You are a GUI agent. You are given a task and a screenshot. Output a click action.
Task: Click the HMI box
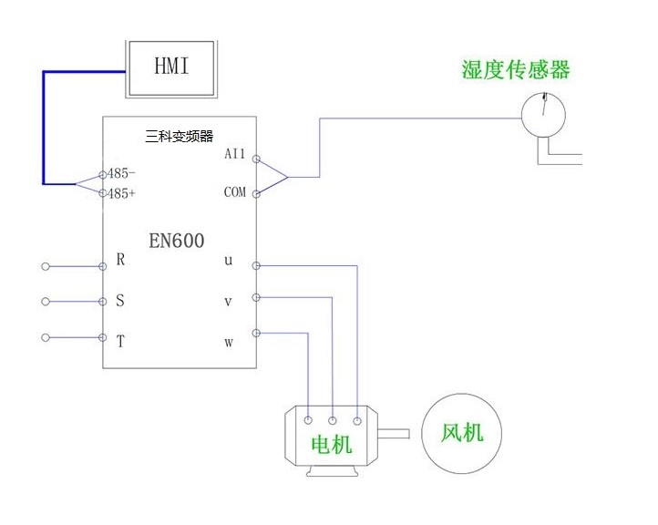click(x=172, y=67)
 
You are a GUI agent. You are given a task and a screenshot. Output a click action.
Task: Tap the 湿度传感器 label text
click(x=515, y=70)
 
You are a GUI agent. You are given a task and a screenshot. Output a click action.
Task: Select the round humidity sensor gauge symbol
click(x=542, y=115)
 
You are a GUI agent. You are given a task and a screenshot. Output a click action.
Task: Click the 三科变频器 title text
click(x=179, y=137)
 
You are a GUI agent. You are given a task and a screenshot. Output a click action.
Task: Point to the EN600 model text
click(x=177, y=241)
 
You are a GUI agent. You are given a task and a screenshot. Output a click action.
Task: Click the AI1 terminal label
click(x=235, y=154)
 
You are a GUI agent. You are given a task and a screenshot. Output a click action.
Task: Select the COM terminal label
click(x=234, y=192)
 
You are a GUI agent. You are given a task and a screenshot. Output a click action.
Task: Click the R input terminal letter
click(x=120, y=260)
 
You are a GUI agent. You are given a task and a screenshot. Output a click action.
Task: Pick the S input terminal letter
click(x=119, y=301)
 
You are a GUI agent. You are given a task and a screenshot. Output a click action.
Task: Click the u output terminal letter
click(x=229, y=261)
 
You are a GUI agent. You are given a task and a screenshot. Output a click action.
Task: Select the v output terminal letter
click(x=229, y=301)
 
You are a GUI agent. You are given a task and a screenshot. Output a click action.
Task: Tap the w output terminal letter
click(x=229, y=343)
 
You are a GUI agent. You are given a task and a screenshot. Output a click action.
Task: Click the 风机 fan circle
click(x=461, y=432)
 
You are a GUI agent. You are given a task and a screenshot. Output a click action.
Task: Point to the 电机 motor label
click(x=332, y=445)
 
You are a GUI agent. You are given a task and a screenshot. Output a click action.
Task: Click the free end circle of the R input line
click(x=45, y=266)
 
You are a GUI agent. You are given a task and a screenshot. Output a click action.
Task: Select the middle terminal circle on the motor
click(x=333, y=420)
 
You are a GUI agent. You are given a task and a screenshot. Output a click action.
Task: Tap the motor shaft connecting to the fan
click(x=396, y=433)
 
